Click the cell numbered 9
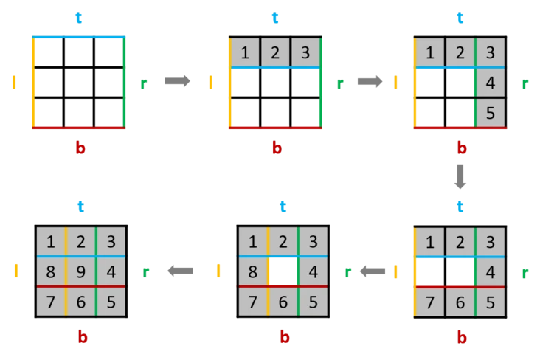coord(80,270)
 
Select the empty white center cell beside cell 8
coord(283,270)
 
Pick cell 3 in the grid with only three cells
coord(304,53)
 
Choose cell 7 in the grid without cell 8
coord(429,301)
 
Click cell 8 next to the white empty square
coord(252,270)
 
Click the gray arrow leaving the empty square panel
coord(179,80)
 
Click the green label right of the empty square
coord(142,83)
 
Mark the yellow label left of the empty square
coord(14,83)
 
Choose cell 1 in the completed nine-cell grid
coord(50,241)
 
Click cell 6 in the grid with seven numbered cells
coord(460,301)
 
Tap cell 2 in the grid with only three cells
coord(274,53)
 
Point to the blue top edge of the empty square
coord(79,38)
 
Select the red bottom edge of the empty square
coord(79,127)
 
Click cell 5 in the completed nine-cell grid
coord(111,301)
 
